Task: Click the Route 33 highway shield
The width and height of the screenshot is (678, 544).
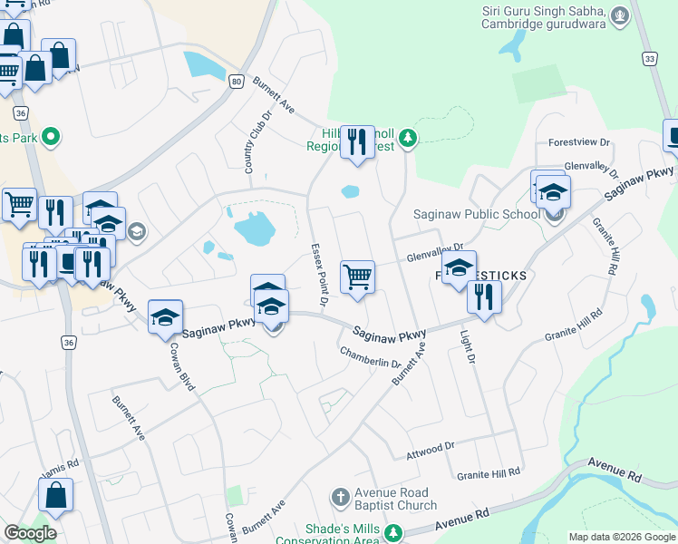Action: tap(649, 59)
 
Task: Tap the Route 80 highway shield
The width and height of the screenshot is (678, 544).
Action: tap(237, 82)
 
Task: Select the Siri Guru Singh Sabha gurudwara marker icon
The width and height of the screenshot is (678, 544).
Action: tap(620, 15)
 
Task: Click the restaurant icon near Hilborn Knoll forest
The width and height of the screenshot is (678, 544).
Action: tap(357, 142)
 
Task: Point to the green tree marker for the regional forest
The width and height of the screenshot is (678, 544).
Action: tap(409, 138)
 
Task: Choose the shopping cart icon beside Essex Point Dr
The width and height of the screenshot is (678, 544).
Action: tap(357, 277)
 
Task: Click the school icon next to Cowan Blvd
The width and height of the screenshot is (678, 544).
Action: tap(165, 316)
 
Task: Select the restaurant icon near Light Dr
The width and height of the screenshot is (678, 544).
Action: tap(484, 296)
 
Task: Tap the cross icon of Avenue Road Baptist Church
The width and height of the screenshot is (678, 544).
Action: tap(340, 497)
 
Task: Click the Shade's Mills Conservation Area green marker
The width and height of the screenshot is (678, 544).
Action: tap(393, 531)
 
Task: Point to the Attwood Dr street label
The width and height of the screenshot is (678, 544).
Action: tap(431, 449)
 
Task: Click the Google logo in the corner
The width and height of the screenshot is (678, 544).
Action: tap(30, 533)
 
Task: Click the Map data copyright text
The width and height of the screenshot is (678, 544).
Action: tap(623, 537)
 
